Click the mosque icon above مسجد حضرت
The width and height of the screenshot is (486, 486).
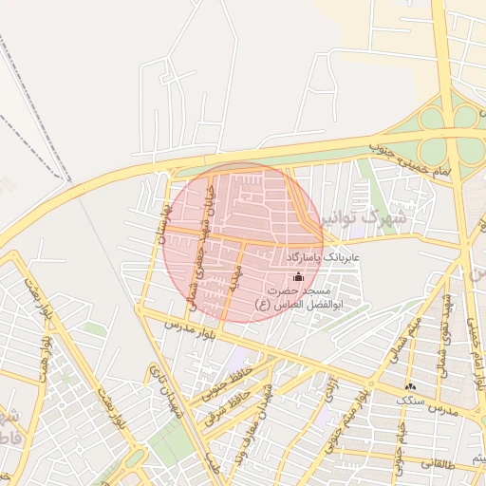[299, 277]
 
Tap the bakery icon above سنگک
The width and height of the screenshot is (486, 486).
[410, 386]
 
